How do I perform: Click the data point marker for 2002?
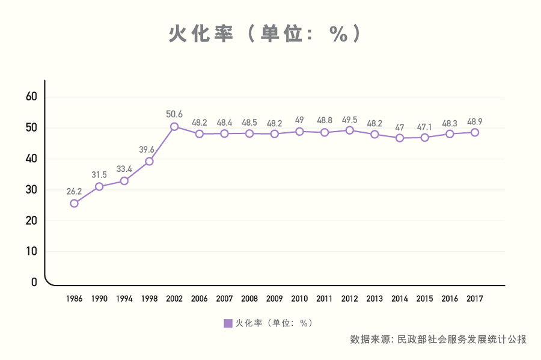tap(174, 127)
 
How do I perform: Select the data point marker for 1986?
tap(74, 204)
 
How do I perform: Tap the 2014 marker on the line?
tap(400, 138)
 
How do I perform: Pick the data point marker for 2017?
tap(475, 132)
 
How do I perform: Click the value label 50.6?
tap(174, 114)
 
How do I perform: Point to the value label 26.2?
tap(74, 191)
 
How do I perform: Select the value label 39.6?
tap(147, 150)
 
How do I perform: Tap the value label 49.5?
tap(349, 120)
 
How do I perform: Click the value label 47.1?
tap(424, 127)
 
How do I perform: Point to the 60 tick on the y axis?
tap(31, 97)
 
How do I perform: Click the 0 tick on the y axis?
tap(34, 282)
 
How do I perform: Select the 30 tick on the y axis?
tap(31, 190)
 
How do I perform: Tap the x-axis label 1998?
tap(149, 299)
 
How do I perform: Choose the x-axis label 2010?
tap(299, 299)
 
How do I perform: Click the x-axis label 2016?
tap(450, 299)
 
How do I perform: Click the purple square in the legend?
tap(228, 323)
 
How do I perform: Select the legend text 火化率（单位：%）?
tap(274, 323)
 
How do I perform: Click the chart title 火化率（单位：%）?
tap(265, 34)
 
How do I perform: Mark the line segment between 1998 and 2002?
tap(162, 144)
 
